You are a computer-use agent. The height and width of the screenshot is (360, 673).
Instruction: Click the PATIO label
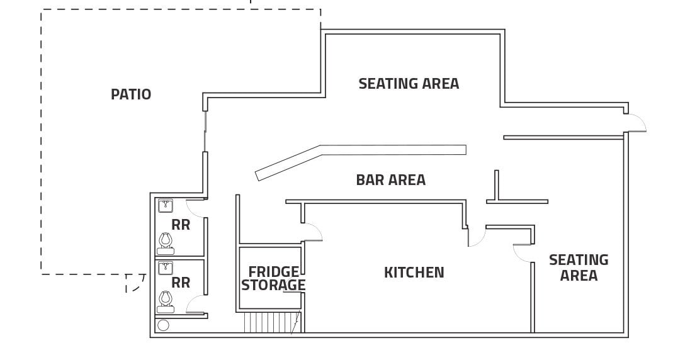point(131,94)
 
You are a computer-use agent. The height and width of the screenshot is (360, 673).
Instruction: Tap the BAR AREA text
point(390,180)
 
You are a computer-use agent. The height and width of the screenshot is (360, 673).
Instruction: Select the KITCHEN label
point(414,273)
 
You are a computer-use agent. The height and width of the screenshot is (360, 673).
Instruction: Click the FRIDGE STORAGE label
point(273,278)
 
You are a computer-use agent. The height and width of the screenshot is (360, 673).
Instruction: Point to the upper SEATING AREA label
point(409,83)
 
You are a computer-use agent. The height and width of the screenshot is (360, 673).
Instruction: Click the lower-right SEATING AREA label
point(579,267)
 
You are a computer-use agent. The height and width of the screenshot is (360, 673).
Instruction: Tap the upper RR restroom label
point(181,225)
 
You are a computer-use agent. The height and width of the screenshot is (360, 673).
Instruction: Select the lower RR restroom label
point(181,283)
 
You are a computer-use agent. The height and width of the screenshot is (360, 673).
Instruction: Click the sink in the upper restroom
point(166,206)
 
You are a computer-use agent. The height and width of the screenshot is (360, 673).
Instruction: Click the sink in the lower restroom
point(166,268)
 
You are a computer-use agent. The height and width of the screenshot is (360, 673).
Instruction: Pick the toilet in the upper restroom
point(166,242)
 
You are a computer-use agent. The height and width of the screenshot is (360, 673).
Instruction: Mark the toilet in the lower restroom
point(166,301)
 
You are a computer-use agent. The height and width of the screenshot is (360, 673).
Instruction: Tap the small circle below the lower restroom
point(163,325)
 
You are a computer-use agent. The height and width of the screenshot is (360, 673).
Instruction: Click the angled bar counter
point(359,155)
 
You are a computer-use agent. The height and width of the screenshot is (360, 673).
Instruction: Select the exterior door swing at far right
point(636,123)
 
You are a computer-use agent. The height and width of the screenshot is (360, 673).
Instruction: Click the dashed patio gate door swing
point(134,283)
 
